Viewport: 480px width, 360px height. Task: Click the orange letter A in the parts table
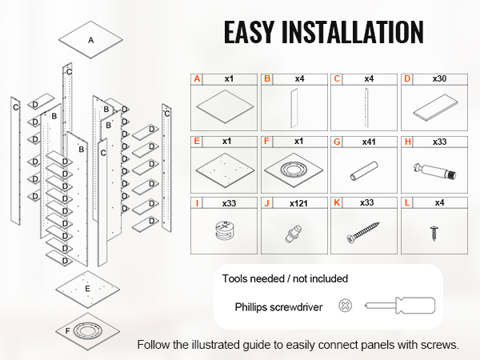(x=197, y=79)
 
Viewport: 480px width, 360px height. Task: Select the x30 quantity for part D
(x=439, y=78)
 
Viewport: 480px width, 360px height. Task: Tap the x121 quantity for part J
(x=298, y=203)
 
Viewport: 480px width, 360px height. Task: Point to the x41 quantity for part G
(x=369, y=142)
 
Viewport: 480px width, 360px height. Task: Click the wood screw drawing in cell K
(x=363, y=232)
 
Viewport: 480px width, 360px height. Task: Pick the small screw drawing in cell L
(x=434, y=233)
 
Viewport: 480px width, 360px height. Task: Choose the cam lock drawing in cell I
(x=226, y=230)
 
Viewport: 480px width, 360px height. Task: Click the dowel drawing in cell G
(x=364, y=171)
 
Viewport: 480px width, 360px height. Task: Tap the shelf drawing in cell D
(x=436, y=108)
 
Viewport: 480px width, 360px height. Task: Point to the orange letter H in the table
(x=408, y=142)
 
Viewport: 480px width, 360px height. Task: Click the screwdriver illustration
(x=400, y=306)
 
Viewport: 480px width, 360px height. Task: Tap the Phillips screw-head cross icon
(x=345, y=306)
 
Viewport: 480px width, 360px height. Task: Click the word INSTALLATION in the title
(x=352, y=32)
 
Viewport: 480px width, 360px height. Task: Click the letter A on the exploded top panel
(x=91, y=40)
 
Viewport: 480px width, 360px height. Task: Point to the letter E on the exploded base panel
(x=87, y=289)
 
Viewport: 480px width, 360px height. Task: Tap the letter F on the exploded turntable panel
(x=68, y=331)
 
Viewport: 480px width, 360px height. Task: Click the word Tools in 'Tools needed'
(x=234, y=278)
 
